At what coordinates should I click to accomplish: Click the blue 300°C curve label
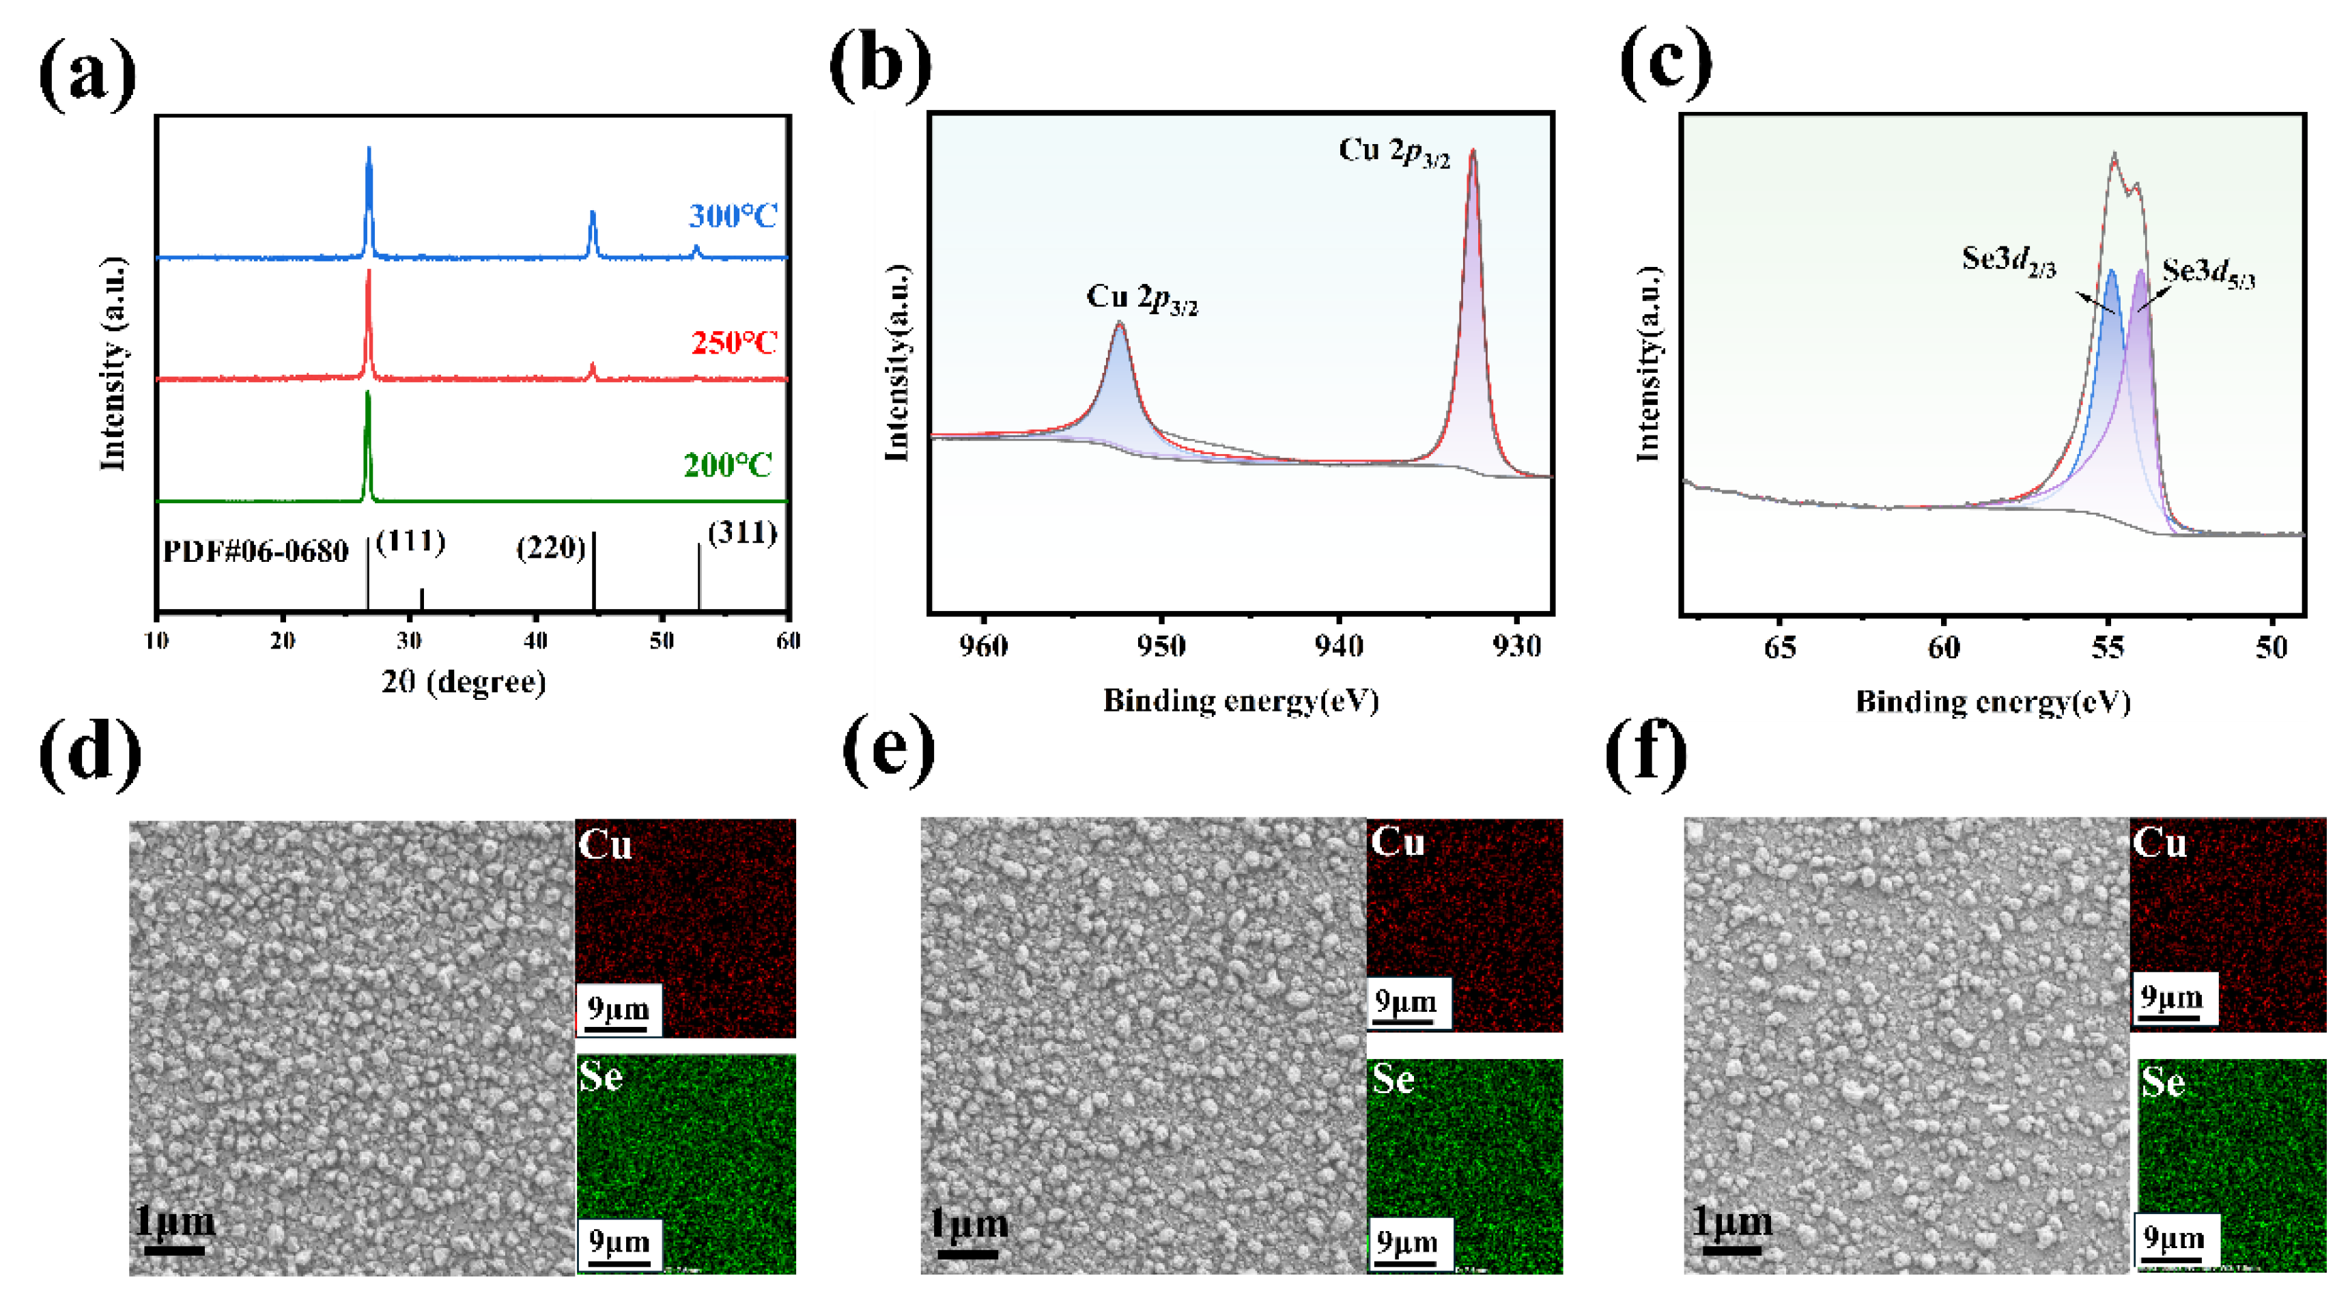(x=733, y=216)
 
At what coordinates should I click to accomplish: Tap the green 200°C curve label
(x=728, y=465)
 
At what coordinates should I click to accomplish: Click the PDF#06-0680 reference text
(x=255, y=551)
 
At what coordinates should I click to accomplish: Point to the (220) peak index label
(x=550, y=548)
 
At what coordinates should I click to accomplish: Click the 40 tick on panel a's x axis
(x=535, y=640)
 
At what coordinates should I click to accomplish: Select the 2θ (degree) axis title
(x=464, y=681)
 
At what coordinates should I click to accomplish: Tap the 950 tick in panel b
(x=1161, y=646)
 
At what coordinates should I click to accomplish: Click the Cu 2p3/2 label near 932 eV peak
(x=1394, y=152)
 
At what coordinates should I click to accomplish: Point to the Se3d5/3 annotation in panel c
(x=2208, y=272)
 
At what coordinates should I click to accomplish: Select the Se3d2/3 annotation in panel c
(x=2009, y=260)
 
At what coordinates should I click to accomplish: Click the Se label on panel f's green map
(x=2162, y=1082)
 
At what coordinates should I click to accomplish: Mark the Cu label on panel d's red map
(x=605, y=844)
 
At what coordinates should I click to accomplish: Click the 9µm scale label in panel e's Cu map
(x=1405, y=1002)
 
